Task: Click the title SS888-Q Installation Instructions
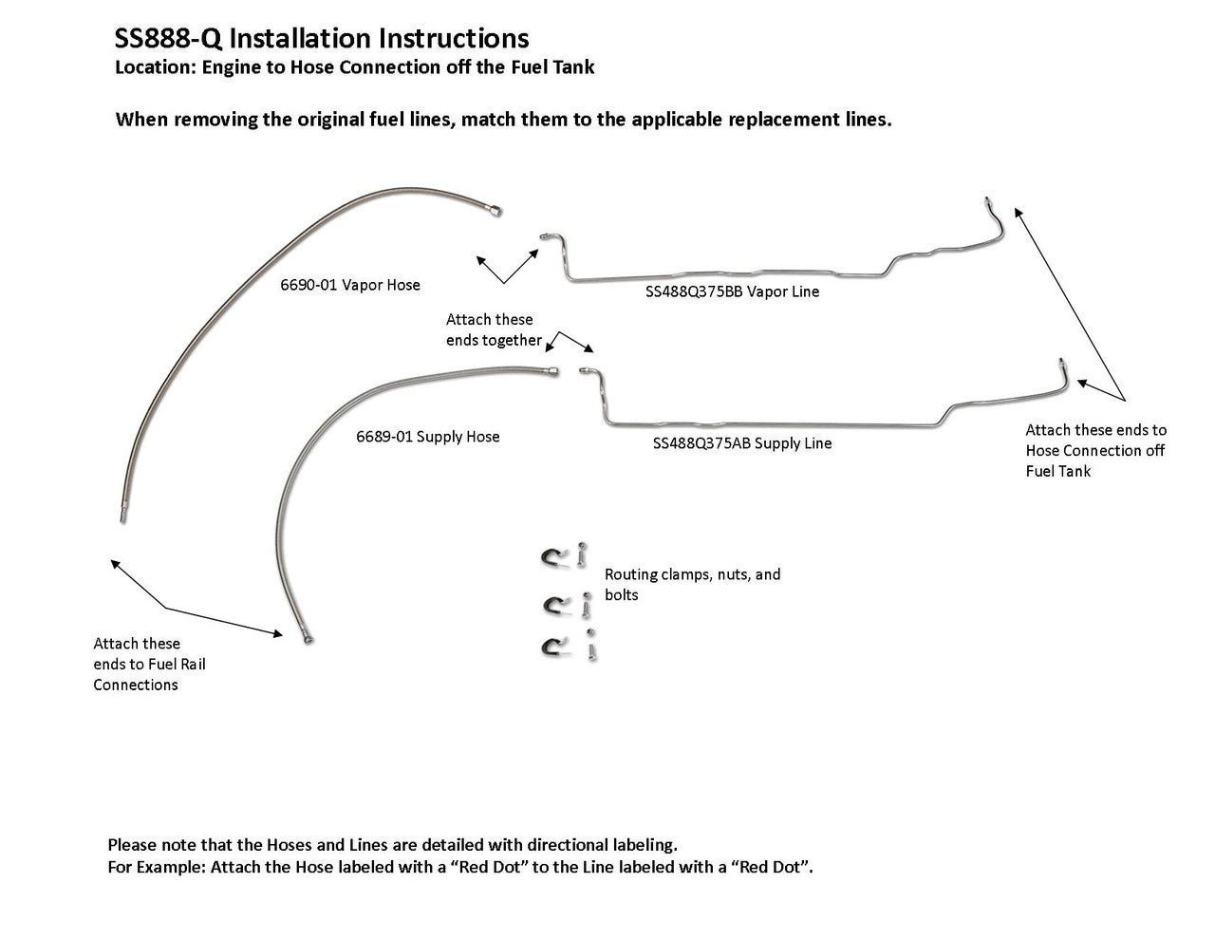click(321, 38)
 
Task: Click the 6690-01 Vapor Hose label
click(349, 285)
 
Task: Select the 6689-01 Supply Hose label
click(427, 437)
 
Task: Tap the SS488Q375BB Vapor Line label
click(732, 291)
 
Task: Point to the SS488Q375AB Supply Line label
click(742, 443)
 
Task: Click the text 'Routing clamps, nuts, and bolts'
click(692, 584)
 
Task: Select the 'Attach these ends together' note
click(494, 329)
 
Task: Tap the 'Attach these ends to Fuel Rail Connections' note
click(149, 664)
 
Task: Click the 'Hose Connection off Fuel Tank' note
click(1095, 451)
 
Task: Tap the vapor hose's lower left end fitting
click(122, 516)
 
